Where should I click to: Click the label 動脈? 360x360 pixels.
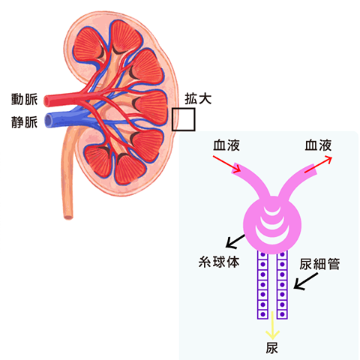[25, 100]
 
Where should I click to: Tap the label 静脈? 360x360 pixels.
[25, 122]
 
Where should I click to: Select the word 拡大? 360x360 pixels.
[198, 98]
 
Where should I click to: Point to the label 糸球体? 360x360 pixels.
[219, 262]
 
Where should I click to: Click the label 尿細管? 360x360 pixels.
[319, 264]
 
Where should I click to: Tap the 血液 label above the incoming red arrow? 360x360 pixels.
[226, 145]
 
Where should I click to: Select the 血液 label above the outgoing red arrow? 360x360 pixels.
[318, 145]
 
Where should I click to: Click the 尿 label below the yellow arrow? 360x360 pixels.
[272, 348]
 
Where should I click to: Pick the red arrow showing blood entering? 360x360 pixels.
[226, 164]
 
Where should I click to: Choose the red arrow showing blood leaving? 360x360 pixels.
[318, 164]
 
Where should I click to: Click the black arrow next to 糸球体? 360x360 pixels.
[235, 241]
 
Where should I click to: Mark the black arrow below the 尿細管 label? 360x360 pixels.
[306, 281]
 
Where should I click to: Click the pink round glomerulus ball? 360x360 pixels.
[272, 225]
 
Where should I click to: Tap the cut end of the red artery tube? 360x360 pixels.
[46, 100]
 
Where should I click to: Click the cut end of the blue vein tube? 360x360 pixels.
[48, 121]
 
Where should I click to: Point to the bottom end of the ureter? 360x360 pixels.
[68, 217]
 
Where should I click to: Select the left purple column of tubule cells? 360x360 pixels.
[262, 285]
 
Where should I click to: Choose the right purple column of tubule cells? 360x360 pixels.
[282, 285]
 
